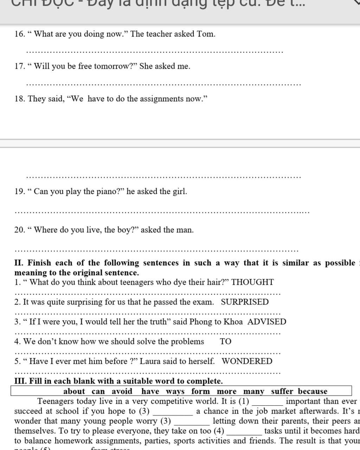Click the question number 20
[19, 230]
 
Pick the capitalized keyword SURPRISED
[245, 302]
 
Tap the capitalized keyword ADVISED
[267, 322]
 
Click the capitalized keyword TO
[226, 341]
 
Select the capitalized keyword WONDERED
[247, 361]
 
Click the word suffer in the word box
[282, 391]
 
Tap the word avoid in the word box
[122, 391]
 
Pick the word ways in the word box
[175, 391]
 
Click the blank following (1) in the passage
[268, 403]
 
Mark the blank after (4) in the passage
[244, 432]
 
